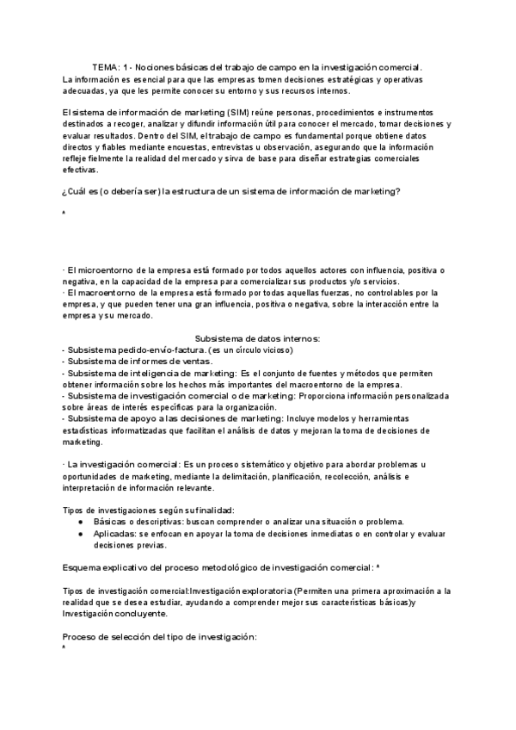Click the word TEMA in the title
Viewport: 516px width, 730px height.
tap(106, 66)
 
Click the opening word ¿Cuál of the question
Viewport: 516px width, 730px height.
tap(76, 192)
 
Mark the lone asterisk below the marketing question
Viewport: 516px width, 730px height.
tap(64, 213)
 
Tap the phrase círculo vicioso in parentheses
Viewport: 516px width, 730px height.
tap(264, 350)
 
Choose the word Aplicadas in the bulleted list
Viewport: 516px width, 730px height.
tap(114, 534)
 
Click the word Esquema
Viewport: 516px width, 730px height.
tap(85, 568)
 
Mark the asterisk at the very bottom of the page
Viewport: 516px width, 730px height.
tap(64, 647)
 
